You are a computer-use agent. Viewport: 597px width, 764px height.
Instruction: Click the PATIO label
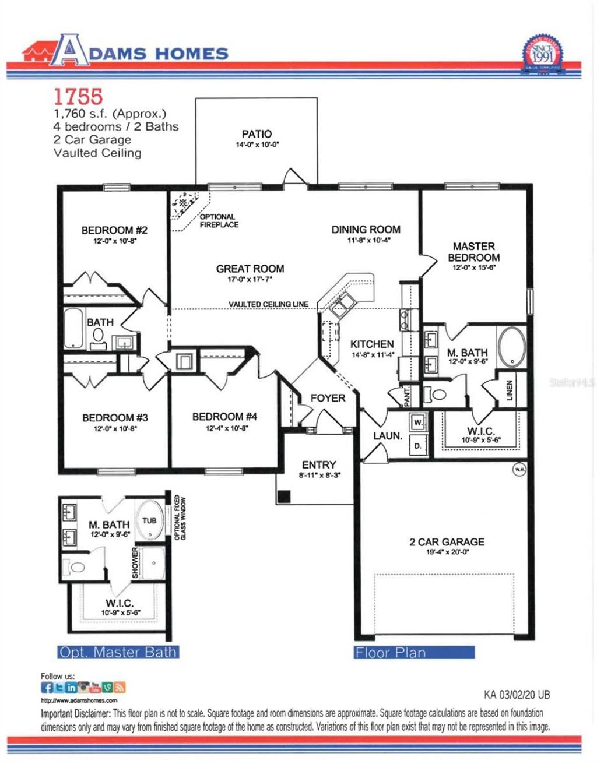point(257,134)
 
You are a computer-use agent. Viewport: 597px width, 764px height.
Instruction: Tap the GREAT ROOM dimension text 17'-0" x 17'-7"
point(250,280)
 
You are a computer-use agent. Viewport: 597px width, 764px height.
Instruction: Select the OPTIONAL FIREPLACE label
point(219,221)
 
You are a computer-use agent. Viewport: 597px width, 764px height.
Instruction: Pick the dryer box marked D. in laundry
point(418,445)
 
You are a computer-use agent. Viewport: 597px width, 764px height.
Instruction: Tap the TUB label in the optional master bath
point(149,520)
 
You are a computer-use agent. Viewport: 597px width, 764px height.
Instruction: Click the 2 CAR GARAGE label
point(447,542)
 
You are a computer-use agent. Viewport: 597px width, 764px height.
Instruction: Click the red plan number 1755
point(78,95)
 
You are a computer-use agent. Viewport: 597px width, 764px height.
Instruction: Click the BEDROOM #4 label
point(224,417)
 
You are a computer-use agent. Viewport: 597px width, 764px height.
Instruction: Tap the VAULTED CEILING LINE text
point(268,305)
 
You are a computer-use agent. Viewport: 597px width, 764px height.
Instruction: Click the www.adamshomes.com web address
point(79,700)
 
